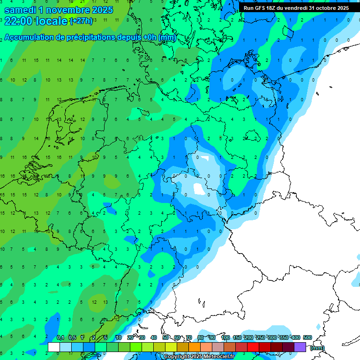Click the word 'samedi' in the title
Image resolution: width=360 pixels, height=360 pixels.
pyautogui.click(x=20, y=10)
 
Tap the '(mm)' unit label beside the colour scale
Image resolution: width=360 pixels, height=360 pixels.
pyautogui.click(x=317, y=348)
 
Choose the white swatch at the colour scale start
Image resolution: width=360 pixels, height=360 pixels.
pyautogui.click(x=54, y=347)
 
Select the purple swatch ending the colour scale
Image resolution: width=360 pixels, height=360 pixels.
pyautogui.click(x=300, y=347)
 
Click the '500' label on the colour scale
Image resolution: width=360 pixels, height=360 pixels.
pyautogui.click(x=307, y=337)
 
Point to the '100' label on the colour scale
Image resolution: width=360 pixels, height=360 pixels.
pyautogui.click(x=225, y=337)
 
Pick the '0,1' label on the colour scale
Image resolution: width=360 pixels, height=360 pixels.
pyautogui.click(x=60, y=337)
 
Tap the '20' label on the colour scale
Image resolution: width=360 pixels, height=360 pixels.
pyautogui.click(x=130, y=337)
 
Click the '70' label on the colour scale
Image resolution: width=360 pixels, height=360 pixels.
pyautogui.click(x=189, y=337)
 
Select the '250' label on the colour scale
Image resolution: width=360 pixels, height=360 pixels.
pyautogui.click(x=260, y=337)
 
